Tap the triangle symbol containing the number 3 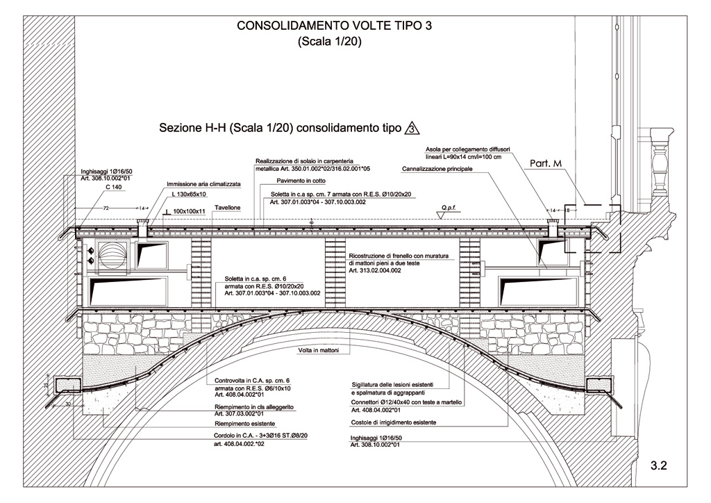(412, 129)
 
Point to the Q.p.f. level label (447, 207)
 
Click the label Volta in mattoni (318, 351)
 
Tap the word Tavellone (228, 208)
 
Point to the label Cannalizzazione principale (437, 170)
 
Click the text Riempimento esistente (245, 423)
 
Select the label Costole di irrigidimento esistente (393, 422)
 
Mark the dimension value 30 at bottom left (68, 403)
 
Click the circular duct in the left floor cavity (110, 261)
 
